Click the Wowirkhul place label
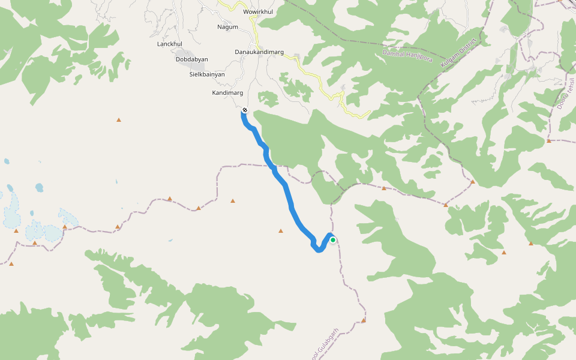[257, 12]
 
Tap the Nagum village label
[227, 27]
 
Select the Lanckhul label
[169, 44]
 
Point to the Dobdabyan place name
[191, 59]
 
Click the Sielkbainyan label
[207, 74]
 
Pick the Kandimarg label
[227, 93]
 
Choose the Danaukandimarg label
[259, 52]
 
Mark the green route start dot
[333, 240]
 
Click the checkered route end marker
[245, 110]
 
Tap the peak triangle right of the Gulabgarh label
[364, 320]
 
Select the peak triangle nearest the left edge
[11, 263]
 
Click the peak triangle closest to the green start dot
[280, 230]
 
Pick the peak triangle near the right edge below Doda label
[548, 141]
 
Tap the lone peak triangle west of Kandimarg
[119, 120]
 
